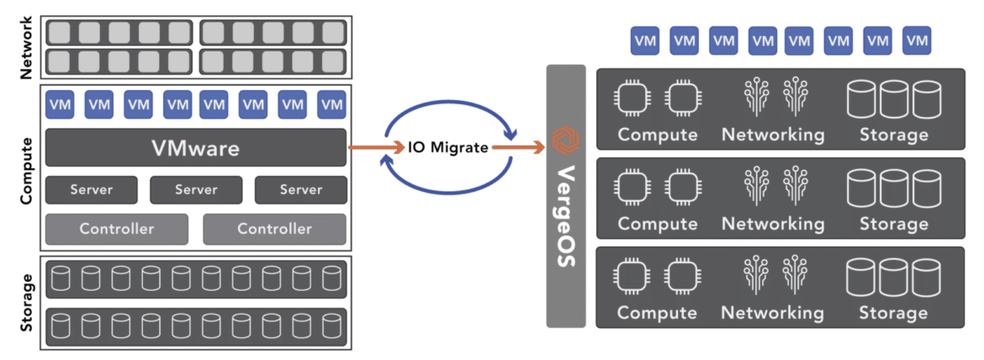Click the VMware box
pos(195,148)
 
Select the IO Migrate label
pos(447,148)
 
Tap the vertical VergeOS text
pos(565,217)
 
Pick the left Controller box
pos(116,229)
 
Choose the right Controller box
pos(274,229)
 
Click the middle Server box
pos(196,189)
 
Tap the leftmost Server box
pos(92,189)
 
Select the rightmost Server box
pos(300,189)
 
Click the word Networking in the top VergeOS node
pos(773,135)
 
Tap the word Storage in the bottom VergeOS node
pos(893,313)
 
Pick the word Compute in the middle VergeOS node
pos(657,224)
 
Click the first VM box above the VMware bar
pos(60,104)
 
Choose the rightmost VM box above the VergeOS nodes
pos(916,40)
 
